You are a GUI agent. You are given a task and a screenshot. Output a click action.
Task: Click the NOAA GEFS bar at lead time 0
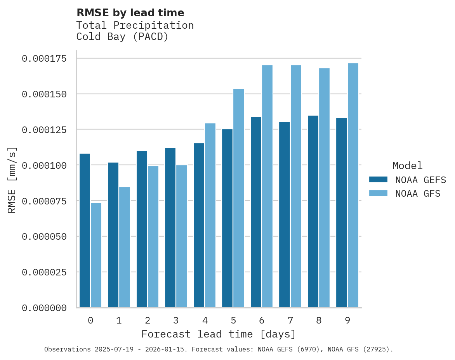(85, 230)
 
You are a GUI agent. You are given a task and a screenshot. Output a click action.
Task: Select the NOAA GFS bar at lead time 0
(96, 255)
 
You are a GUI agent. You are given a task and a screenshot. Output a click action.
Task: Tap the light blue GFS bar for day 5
(239, 198)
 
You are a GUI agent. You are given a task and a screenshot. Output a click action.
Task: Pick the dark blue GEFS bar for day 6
(256, 212)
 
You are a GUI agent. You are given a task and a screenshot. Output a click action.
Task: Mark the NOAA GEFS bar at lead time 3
(170, 228)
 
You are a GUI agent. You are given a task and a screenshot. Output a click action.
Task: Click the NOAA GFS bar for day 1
(125, 247)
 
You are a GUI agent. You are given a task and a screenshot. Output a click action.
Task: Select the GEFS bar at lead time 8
(313, 211)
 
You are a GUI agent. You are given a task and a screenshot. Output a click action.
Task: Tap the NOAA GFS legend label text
(418, 194)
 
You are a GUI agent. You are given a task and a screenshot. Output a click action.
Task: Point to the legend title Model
(407, 166)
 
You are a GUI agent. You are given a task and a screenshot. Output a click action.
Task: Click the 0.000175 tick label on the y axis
(44, 59)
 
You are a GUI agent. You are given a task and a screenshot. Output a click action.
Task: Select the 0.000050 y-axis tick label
(44, 237)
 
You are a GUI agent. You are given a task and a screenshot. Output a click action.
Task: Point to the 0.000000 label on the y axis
(44, 308)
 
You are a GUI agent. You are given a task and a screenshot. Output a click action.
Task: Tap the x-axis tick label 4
(205, 320)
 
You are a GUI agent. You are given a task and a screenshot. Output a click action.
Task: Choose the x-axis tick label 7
(290, 320)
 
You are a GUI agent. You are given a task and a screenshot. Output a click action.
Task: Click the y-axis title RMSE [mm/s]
(12, 180)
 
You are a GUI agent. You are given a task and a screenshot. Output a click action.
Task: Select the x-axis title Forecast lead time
(218, 334)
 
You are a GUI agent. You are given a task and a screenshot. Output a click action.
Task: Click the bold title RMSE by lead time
(130, 13)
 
